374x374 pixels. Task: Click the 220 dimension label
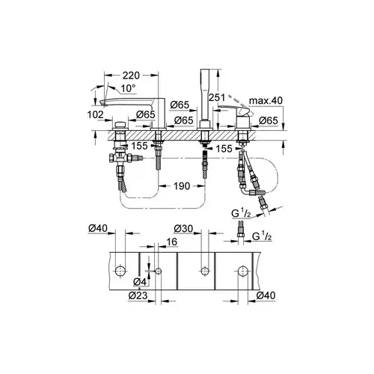point(132,75)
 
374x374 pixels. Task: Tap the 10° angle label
point(129,88)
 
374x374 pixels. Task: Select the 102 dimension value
point(95,115)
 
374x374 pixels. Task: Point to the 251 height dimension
point(217,97)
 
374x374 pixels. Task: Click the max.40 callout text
point(266,101)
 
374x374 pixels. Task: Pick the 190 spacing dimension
point(182,186)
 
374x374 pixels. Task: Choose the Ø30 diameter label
point(184,229)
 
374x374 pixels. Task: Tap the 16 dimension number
point(171,242)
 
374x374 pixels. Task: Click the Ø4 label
point(140,282)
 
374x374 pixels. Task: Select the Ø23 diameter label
point(138,295)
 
